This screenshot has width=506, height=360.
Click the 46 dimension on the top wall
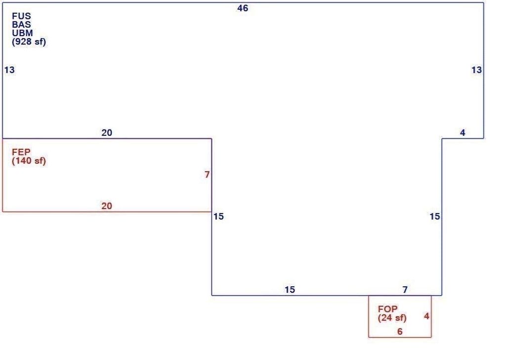(x=243, y=8)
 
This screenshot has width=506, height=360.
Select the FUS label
(x=22, y=16)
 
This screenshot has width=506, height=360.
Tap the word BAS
(x=22, y=24)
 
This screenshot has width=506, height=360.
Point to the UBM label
(x=22, y=33)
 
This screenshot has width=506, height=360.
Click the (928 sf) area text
(x=29, y=42)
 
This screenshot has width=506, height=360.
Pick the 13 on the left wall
(x=9, y=70)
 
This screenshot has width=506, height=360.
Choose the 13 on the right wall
(x=477, y=70)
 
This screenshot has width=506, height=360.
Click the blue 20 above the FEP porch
(x=107, y=133)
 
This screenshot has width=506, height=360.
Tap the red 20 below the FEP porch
(x=107, y=206)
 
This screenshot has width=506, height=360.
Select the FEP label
(x=21, y=152)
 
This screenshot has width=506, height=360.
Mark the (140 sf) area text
(x=29, y=161)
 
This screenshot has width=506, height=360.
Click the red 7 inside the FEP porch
(x=207, y=175)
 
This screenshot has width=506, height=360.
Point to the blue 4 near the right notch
(x=463, y=133)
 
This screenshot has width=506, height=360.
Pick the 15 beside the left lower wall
(x=218, y=216)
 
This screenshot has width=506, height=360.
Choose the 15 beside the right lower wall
(x=435, y=216)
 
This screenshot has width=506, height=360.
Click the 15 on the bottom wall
(x=290, y=290)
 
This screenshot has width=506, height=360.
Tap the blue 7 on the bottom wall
(x=405, y=290)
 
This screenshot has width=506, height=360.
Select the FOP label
(x=387, y=309)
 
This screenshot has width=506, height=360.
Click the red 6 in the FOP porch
(x=400, y=332)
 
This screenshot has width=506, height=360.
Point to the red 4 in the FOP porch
(x=426, y=316)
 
